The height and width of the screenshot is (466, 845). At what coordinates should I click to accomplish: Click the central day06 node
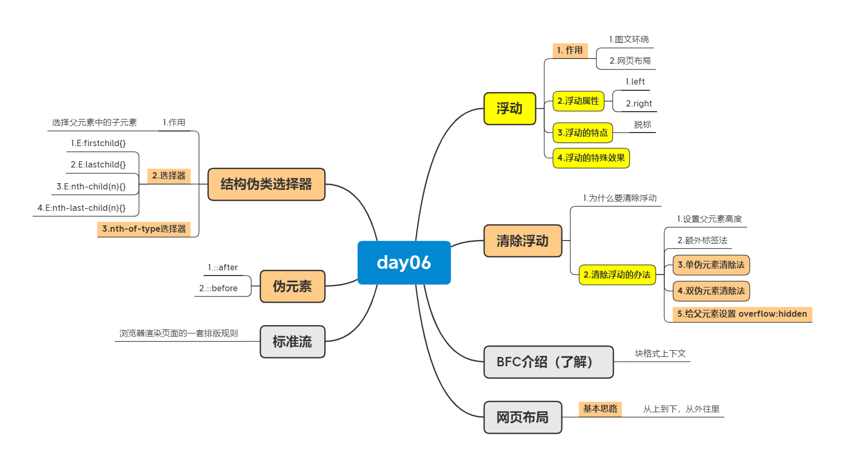coord(404,262)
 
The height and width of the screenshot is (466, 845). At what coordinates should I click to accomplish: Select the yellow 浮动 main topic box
coord(510,109)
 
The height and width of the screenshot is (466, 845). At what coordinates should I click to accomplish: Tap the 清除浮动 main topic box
coord(523,241)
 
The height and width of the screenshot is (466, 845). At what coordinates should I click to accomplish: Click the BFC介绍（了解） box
coord(548,362)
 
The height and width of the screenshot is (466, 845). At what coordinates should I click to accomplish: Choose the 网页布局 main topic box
coord(523,417)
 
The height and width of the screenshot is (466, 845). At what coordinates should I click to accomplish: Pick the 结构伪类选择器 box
coord(266,184)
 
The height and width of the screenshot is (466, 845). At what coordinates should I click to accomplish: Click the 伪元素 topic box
coord(292,286)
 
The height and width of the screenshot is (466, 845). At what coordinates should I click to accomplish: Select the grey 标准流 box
coord(292,342)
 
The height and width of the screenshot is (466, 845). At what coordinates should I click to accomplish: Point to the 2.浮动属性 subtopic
coord(578,101)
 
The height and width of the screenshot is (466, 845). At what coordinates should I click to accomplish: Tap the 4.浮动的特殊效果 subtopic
coord(591,158)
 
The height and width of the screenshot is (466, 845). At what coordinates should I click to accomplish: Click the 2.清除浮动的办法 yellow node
coord(617,275)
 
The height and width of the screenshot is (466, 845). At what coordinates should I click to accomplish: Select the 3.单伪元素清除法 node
coord(711,265)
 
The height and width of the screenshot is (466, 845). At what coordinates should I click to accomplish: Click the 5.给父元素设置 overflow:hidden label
coord(742,314)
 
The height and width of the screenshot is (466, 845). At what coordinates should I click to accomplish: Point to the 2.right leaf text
coord(639,104)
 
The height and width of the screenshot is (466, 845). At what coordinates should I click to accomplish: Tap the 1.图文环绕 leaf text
coord(629,40)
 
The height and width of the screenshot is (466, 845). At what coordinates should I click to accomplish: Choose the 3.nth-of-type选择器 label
coord(144,229)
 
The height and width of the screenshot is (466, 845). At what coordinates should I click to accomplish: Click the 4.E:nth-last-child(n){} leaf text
coord(81,208)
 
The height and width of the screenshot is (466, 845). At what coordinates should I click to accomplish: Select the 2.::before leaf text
coord(218,289)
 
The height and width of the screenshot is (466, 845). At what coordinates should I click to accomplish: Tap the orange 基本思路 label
coord(600,409)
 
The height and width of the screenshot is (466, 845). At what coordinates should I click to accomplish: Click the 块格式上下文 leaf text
coord(660,354)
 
